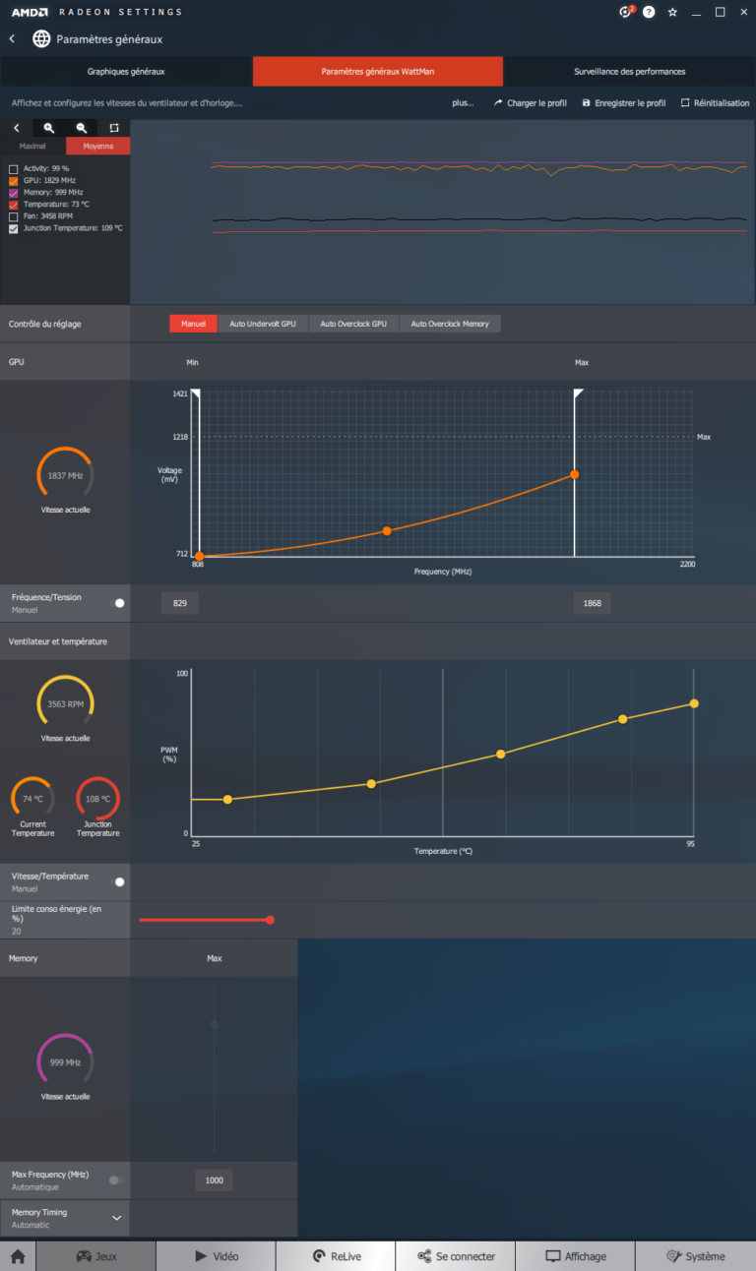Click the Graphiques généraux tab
pos(126,72)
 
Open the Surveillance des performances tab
pos(629,72)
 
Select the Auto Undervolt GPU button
pos(263,324)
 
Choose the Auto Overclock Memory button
pos(450,324)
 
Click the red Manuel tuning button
pos(193,324)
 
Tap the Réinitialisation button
pos(715,102)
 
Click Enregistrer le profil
pos(624,102)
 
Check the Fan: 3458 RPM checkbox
pos(14,216)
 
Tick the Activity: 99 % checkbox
pos(14,169)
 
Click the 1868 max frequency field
pos(592,603)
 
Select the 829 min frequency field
pos(180,603)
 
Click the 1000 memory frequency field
pos(214,1180)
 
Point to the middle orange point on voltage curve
pos(387,531)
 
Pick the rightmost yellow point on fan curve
pos(694,703)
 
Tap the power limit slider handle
pos(270,920)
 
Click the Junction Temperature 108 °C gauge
pos(97,798)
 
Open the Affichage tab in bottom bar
pos(576,1256)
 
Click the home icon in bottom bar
pos(18,1256)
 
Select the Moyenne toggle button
pos(97,147)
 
